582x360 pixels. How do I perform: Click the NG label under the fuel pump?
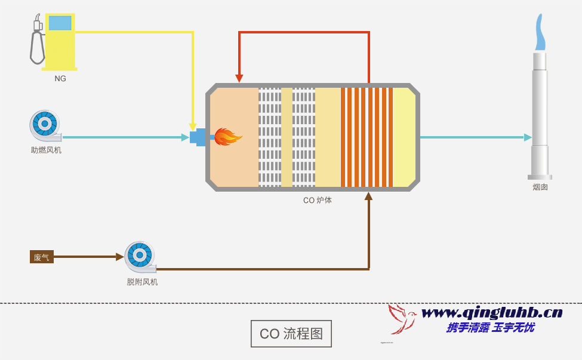[60, 78]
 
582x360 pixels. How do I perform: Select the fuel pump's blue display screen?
[60, 23]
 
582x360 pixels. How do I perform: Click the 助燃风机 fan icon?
[45, 125]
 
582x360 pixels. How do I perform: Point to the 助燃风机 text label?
[46, 150]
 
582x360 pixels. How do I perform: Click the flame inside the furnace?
[227, 137]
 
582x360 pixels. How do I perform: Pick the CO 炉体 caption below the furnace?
[317, 201]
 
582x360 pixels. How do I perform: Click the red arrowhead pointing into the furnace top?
[239, 78]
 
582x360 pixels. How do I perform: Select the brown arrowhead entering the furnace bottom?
[369, 196]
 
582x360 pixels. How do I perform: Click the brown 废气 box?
[42, 257]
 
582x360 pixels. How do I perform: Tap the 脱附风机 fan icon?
[140, 256]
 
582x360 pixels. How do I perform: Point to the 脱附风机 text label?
[142, 282]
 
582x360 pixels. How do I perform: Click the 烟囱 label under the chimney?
[540, 187]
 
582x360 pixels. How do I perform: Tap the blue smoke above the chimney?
[540, 33]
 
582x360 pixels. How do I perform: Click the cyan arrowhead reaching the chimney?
[528, 137]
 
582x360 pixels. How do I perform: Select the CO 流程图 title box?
[291, 334]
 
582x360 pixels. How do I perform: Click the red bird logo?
[402, 319]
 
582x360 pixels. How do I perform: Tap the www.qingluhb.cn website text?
[492, 312]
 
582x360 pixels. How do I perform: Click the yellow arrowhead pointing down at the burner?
[193, 125]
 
